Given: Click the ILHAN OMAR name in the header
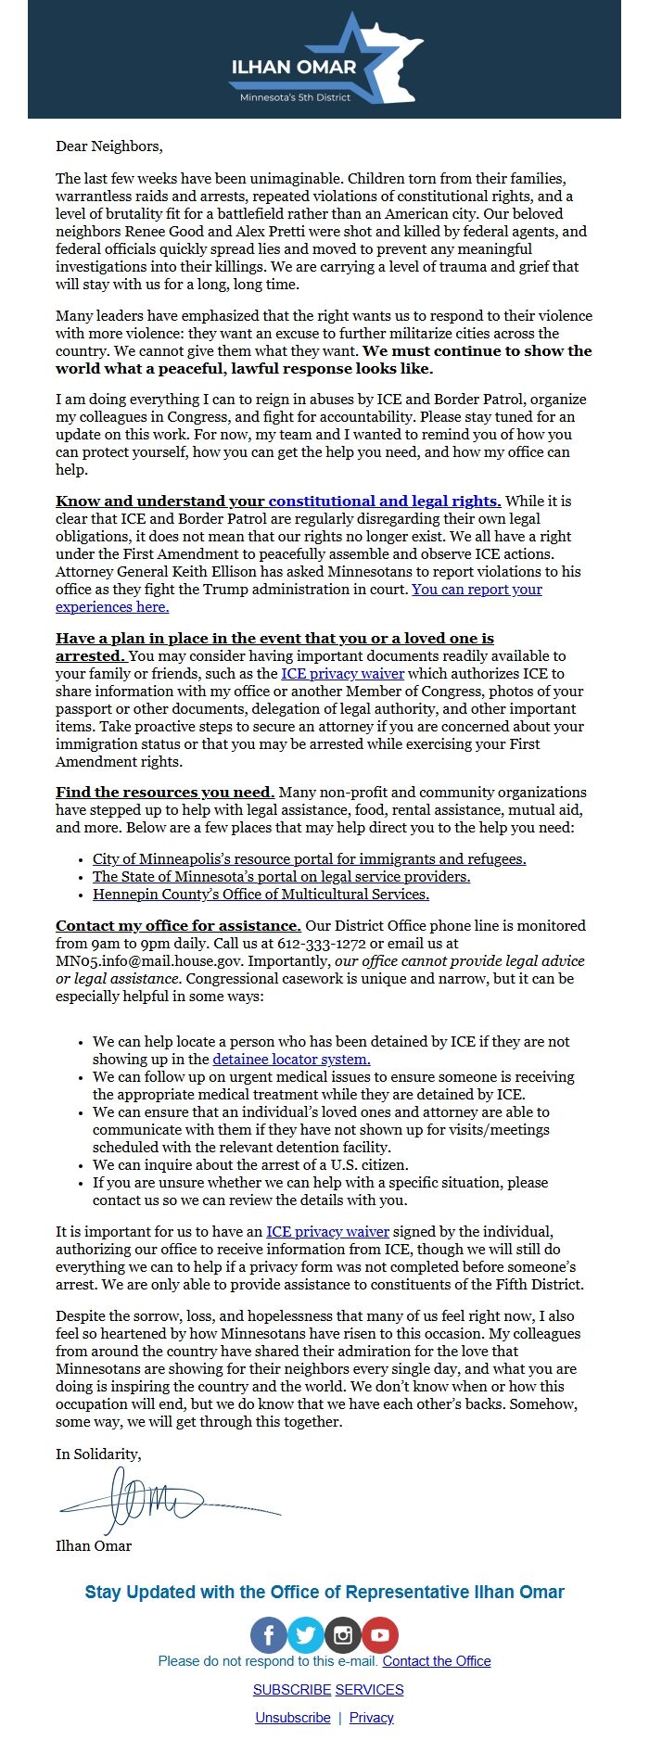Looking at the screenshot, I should pos(293,67).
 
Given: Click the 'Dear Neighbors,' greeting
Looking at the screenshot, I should pos(108,146).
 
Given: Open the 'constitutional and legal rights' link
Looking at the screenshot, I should pos(384,501).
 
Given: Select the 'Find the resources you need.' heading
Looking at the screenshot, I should pos(164,792).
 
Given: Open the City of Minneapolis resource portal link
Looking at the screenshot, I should pos(309,858).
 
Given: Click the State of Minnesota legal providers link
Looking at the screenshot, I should pos(281,876).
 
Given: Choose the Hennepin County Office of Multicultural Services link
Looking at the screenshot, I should pos(261,894).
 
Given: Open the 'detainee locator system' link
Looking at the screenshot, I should pos(291,1059).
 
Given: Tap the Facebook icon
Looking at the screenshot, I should pos(269,1635).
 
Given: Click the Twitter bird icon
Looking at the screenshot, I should pos(305,1635).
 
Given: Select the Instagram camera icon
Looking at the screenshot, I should pos(342,1635).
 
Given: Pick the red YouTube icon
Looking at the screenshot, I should pos(379,1635).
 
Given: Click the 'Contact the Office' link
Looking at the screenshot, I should pos(437,1660).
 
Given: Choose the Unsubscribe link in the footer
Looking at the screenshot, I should pos(293,1717).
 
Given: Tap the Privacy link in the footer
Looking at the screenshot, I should pos(372,1717).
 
